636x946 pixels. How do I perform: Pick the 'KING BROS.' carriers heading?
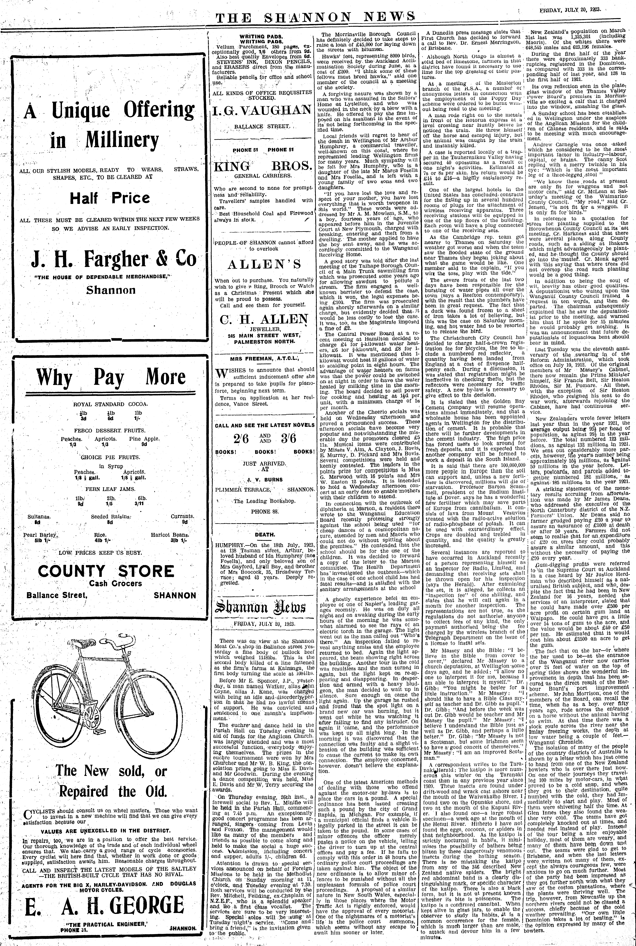(264, 166)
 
